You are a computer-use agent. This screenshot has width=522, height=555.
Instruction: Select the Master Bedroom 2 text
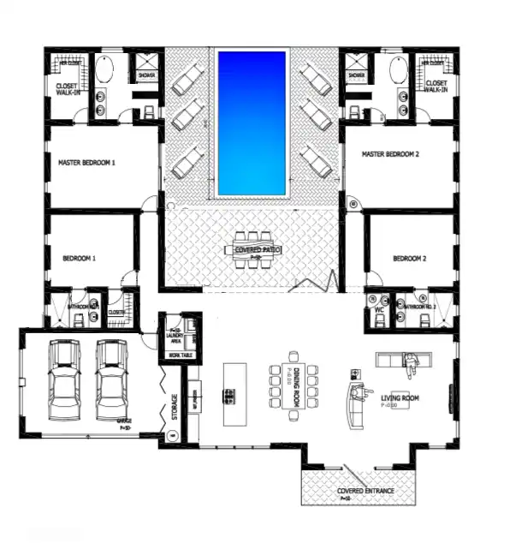pos(395,155)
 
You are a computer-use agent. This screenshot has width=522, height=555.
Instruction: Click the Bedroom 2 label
pos(409,258)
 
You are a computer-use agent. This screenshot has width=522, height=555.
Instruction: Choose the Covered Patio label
pos(258,249)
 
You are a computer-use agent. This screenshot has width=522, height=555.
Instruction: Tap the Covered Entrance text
pos(354,491)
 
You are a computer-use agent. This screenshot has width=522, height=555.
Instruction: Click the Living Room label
pos(400,398)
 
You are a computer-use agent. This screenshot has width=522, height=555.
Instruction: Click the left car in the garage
pos(64,380)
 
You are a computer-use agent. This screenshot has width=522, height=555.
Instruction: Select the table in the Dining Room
pos(293,385)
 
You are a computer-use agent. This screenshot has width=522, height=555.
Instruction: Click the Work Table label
pos(181,355)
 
